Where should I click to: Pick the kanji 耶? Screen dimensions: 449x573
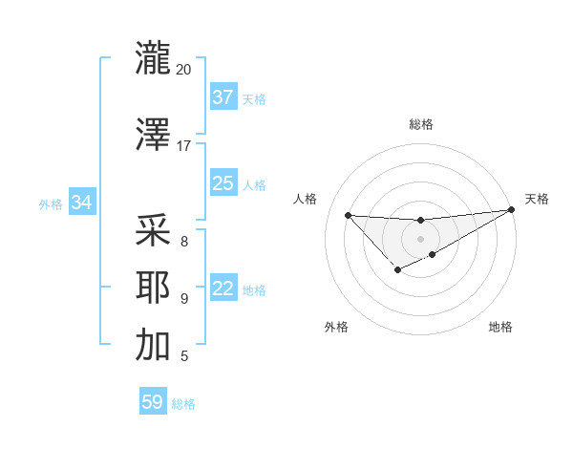153,288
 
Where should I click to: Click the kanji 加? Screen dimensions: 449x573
153,345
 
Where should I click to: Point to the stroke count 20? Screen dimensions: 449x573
183,70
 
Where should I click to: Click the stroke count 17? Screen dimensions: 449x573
183,146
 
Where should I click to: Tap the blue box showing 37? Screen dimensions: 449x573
223,97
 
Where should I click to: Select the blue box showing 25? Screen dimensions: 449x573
223,183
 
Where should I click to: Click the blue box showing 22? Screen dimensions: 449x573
223,289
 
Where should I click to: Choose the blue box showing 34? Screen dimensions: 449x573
82,203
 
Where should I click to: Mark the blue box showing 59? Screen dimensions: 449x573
153,402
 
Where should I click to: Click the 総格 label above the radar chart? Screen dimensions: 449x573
420,124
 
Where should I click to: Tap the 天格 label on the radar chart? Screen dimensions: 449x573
537,199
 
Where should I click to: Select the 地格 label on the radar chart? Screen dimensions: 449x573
500,327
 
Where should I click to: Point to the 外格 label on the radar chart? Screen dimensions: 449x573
336,327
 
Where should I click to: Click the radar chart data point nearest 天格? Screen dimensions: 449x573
512,209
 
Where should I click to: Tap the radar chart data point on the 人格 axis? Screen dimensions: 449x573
348,215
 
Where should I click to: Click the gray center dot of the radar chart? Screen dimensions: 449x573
420,238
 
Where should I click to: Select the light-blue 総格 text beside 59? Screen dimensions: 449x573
183,404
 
